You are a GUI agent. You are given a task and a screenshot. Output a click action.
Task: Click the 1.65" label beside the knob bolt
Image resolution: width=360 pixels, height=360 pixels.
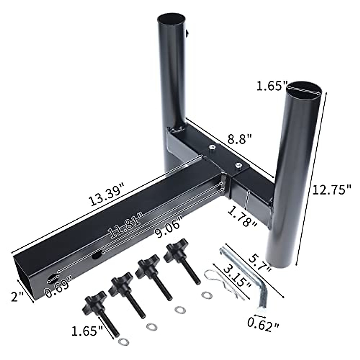pyautogui.click(x=87, y=331)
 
